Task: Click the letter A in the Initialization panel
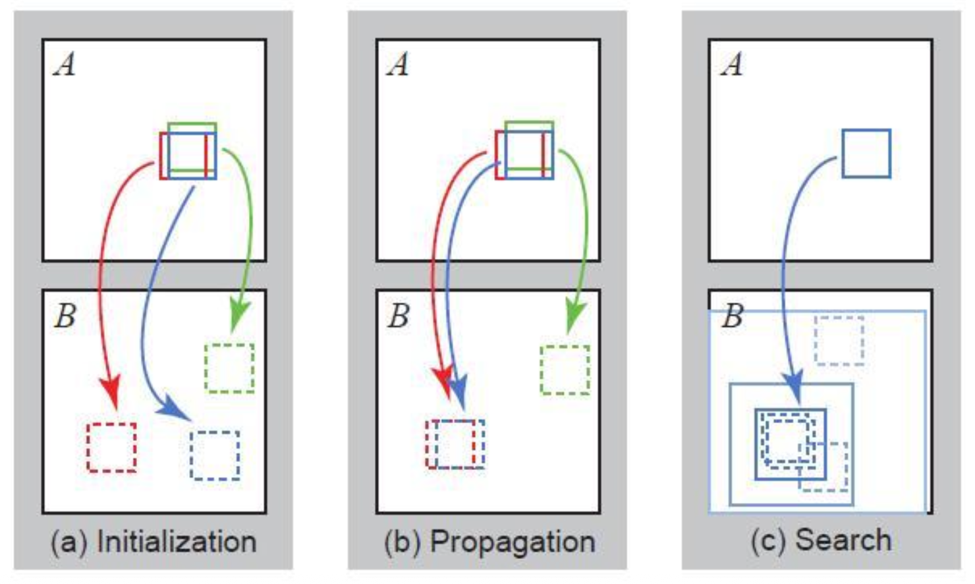(x=65, y=65)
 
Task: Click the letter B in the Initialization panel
(x=65, y=316)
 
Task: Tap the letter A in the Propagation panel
(x=398, y=65)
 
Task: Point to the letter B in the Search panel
(x=732, y=316)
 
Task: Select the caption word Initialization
(x=177, y=542)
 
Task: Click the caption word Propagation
(x=513, y=542)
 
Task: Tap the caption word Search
(x=843, y=540)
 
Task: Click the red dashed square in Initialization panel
(x=112, y=448)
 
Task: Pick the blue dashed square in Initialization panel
(x=215, y=455)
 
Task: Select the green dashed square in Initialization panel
(x=229, y=368)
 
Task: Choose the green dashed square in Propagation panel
(x=565, y=370)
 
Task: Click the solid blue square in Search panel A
(x=866, y=154)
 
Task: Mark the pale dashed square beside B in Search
(x=839, y=340)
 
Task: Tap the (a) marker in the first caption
(x=69, y=542)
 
